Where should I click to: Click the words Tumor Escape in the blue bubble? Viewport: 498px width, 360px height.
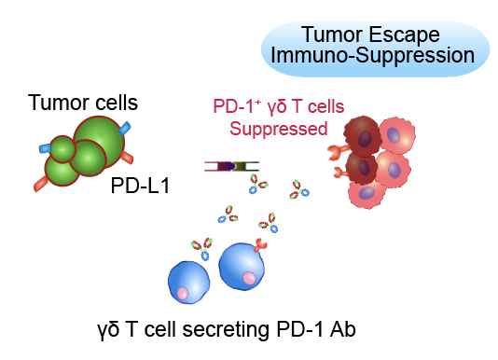(370, 35)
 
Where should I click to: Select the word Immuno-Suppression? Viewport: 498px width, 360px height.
(372, 55)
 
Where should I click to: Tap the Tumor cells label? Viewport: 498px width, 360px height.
(83, 103)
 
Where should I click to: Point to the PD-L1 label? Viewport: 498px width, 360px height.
(140, 186)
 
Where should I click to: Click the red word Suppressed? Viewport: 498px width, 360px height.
(279, 129)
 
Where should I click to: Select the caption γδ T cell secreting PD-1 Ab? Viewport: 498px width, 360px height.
(227, 330)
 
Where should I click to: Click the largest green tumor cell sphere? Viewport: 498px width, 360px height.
(99, 142)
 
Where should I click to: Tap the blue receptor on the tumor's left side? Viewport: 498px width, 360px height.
(45, 148)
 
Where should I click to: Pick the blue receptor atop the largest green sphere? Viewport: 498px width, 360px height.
(125, 128)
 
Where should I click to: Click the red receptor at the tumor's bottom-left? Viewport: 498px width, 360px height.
(41, 184)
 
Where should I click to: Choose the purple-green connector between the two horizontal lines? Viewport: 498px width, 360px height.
(231, 166)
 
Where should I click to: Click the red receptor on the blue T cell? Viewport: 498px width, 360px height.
(260, 244)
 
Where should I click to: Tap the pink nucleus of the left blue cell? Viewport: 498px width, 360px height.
(183, 293)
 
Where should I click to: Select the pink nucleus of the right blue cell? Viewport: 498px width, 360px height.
(249, 278)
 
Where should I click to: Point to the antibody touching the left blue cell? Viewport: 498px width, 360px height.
(202, 249)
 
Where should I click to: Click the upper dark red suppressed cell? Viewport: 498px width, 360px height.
(362, 136)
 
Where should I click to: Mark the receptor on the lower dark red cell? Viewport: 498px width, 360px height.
(340, 173)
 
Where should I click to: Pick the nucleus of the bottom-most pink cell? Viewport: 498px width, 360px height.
(367, 192)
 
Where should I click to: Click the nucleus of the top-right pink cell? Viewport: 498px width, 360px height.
(394, 135)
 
